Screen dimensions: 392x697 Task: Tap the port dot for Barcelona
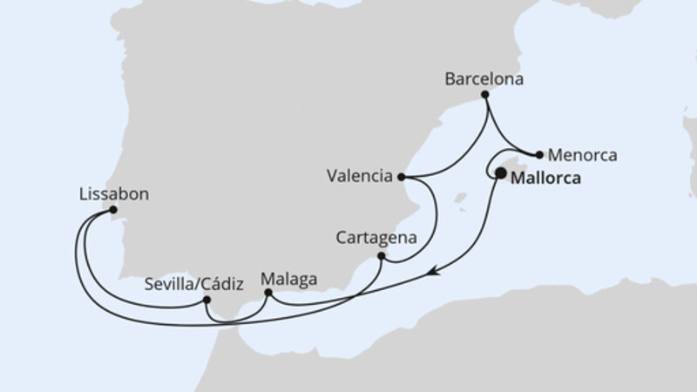[485, 93]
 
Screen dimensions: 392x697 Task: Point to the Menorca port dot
[540, 155]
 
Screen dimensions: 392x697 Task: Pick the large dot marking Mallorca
[501, 173]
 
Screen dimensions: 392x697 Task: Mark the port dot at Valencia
[401, 176]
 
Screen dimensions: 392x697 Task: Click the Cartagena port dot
[381, 256]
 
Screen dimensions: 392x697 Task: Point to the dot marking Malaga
[268, 293]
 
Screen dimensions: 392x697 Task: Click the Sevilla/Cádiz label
[193, 282]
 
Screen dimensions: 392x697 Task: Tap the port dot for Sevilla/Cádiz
[206, 300]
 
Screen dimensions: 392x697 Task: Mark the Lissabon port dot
[113, 210]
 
